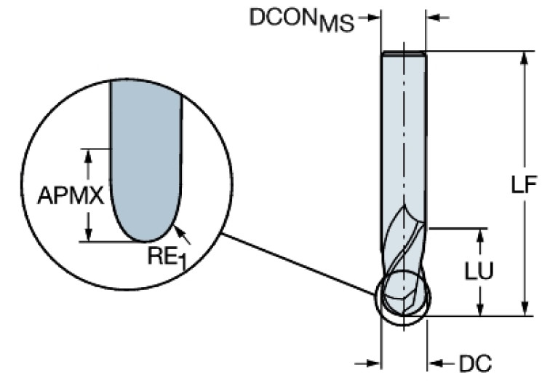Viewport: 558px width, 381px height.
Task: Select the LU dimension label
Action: click(x=481, y=271)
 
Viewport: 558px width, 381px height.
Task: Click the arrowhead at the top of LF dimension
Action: click(x=523, y=58)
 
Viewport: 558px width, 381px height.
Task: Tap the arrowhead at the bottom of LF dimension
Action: click(x=523, y=310)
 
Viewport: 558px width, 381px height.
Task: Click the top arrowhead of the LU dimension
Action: click(x=481, y=235)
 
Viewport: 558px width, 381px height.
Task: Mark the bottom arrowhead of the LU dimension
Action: click(x=481, y=310)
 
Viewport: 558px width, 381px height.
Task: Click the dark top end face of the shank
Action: click(x=404, y=53)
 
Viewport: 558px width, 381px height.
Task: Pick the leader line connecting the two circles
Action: click(x=298, y=263)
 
